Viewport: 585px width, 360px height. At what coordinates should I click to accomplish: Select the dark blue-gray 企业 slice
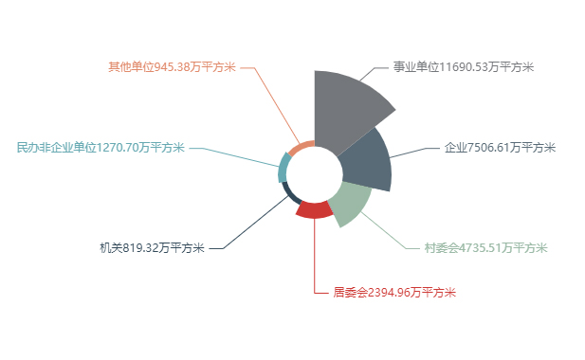point(365,161)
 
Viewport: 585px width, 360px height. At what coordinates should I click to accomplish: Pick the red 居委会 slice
point(314,209)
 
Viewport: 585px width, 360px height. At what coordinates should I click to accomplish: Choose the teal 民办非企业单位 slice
point(283,165)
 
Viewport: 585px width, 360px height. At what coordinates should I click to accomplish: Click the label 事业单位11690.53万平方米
point(464,67)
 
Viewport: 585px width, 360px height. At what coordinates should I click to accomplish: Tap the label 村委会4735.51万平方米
point(485,248)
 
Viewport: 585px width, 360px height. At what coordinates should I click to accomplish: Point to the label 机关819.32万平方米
point(152,248)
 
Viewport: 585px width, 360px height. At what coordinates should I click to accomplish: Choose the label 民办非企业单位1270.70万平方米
point(101,147)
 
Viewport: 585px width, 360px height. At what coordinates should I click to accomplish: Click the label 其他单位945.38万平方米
point(172,67)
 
